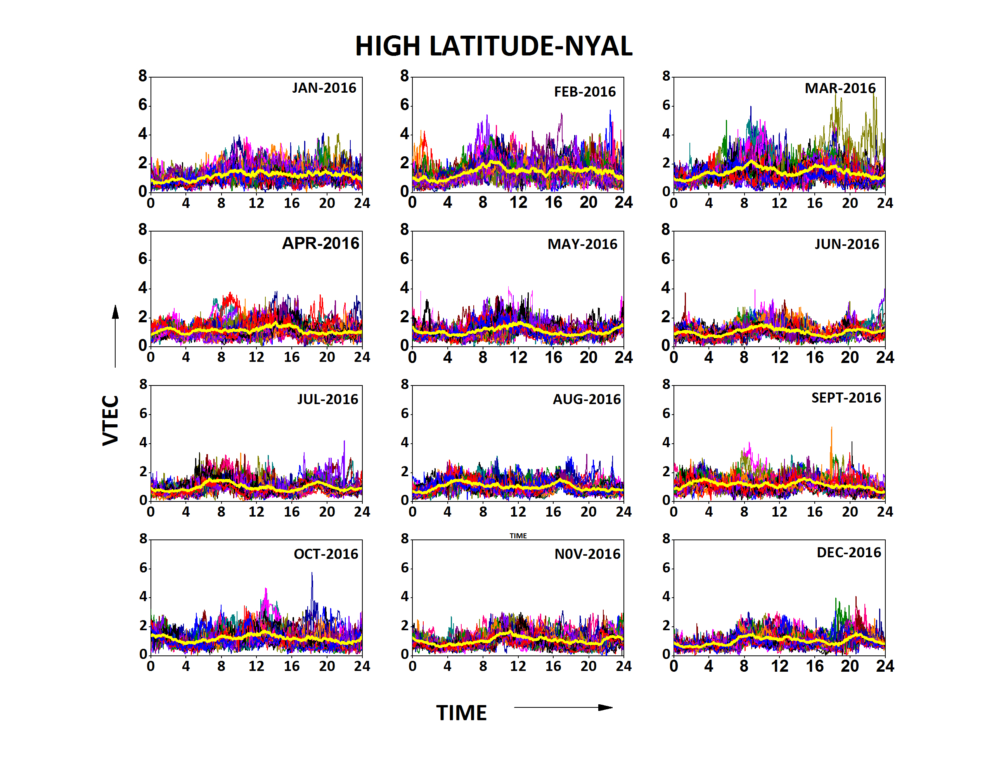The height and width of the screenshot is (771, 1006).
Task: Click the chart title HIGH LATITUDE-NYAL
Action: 493,47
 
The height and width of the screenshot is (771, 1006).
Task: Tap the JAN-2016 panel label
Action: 324,88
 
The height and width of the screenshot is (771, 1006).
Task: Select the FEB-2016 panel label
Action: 585,92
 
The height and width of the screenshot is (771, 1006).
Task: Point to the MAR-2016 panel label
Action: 840,88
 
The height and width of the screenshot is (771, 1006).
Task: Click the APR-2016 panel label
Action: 320,243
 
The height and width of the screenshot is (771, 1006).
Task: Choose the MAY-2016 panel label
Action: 582,244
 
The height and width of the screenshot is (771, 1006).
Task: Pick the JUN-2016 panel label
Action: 847,244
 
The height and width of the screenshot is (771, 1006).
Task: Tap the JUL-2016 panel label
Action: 327,399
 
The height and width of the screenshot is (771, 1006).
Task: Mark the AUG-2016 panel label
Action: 586,399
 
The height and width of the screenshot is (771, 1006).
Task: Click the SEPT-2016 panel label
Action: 846,398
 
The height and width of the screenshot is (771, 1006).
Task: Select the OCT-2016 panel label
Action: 326,554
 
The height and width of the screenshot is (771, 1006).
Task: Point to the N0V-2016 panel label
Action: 587,554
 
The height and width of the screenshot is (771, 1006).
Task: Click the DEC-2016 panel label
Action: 848,553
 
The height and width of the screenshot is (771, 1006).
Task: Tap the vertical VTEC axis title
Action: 111,420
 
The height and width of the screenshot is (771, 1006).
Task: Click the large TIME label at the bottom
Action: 461,713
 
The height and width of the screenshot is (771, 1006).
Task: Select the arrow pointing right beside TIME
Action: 563,707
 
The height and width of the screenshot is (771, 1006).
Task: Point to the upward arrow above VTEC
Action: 115,335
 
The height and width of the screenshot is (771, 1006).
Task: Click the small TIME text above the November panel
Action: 518,536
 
